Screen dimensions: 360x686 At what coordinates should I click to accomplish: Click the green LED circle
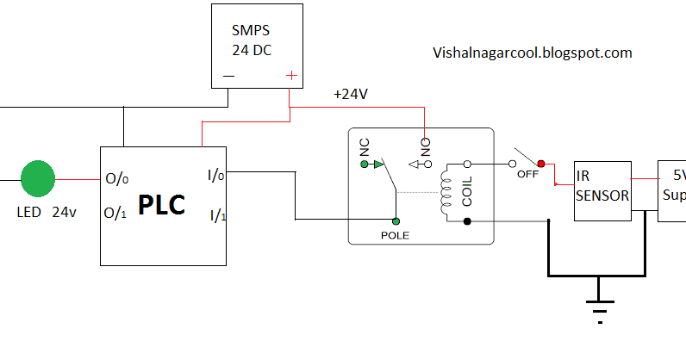click(x=37, y=179)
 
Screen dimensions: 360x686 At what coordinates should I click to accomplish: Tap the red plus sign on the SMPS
click(x=291, y=76)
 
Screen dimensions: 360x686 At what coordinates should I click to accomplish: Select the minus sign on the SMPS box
click(x=228, y=76)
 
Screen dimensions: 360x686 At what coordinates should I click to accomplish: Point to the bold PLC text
click(x=162, y=206)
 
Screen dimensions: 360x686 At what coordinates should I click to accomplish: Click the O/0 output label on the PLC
click(x=117, y=180)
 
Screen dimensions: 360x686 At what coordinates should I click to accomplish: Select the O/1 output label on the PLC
click(x=117, y=213)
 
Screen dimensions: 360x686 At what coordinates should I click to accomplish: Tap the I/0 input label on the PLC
click(x=216, y=176)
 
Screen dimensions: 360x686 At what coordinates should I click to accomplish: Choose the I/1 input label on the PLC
click(x=216, y=214)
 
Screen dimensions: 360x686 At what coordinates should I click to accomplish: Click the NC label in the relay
click(x=365, y=147)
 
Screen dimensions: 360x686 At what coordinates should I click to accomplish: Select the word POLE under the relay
click(x=395, y=234)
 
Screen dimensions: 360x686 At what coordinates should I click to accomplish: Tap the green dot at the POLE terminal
click(x=396, y=220)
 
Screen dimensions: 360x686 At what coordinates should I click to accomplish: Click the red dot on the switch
click(x=541, y=163)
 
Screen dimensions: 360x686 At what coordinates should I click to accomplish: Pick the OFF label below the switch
click(x=527, y=174)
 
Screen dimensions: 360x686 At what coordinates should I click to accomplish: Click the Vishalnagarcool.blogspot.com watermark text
click(x=532, y=53)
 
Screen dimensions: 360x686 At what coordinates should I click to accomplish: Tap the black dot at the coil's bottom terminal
click(x=467, y=221)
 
